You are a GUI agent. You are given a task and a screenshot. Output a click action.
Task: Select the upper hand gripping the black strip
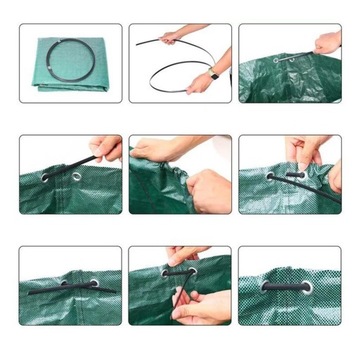[x=172, y=37]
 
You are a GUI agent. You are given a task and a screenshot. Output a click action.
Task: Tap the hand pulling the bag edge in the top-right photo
[x=327, y=43]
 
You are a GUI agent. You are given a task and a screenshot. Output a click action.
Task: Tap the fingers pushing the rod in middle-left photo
[x=107, y=150]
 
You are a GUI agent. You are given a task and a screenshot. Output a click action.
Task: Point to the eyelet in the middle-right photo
[x=270, y=177]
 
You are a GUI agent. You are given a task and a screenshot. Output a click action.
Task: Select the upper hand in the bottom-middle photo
[x=185, y=256]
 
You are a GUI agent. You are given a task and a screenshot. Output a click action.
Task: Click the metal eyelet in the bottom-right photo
[x=306, y=287]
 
